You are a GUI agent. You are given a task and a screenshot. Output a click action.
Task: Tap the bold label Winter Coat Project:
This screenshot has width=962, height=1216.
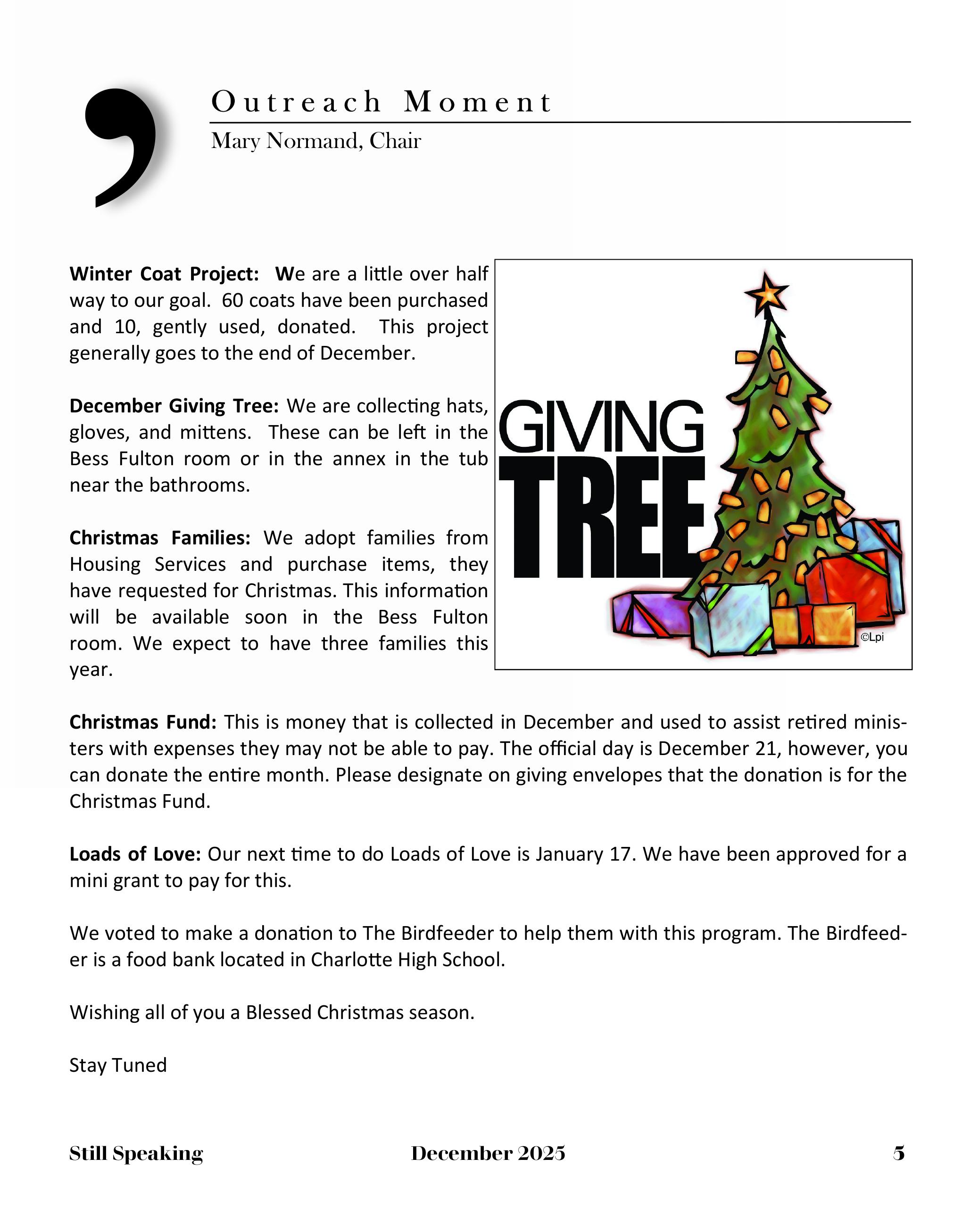click(164, 274)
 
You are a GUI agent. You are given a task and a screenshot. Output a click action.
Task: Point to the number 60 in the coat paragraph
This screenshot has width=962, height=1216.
click(232, 301)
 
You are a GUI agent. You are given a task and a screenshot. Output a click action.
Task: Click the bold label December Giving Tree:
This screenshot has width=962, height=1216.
click(174, 406)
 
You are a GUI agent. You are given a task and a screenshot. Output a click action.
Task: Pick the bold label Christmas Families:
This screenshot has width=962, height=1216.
click(159, 538)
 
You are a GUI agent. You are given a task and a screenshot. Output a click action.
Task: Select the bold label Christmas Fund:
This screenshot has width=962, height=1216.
click(142, 722)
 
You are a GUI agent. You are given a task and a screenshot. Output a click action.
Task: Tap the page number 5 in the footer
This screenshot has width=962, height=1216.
click(898, 1153)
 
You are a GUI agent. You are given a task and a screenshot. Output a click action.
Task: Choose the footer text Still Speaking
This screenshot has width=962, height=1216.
click(136, 1153)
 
